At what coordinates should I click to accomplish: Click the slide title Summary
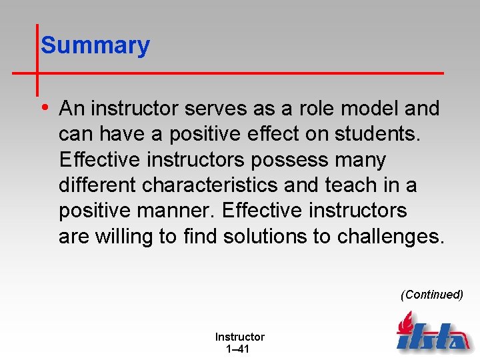coord(95,45)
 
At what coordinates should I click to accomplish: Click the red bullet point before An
coord(44,107)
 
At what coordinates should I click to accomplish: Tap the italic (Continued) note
coord(431,295)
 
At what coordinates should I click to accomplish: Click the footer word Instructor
coord(239,337)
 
